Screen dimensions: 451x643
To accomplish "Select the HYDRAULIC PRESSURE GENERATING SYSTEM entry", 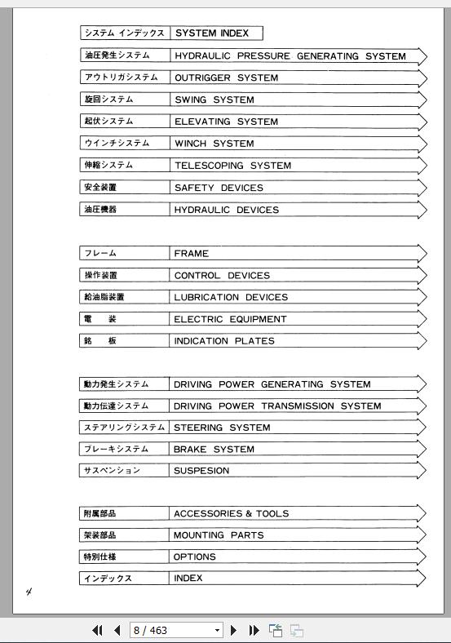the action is coord(290,56).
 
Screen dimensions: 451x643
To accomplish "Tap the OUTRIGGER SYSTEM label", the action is coord(226,78).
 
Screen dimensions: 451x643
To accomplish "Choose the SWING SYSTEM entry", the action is coord(214,100).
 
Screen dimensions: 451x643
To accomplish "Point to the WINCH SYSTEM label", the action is coord(214,144).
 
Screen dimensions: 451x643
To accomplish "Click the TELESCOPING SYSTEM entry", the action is coord(232,166).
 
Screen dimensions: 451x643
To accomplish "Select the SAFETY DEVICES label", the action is coord(219,188).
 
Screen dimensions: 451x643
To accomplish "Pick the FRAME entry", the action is coord(191,254).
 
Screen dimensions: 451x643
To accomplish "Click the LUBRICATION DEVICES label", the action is coord(231,297).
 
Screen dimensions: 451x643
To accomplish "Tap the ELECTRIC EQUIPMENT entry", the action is coord(230,319).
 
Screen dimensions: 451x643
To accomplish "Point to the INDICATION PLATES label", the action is coord(224,341).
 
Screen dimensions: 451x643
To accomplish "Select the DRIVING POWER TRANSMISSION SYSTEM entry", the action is coord(277,406).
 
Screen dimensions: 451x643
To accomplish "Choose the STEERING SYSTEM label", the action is coord(222,428).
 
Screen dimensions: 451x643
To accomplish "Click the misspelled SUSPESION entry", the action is coord(201,471).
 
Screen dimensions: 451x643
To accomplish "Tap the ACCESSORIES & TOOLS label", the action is coord(231,514).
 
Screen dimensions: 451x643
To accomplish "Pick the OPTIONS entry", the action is coord(194,557).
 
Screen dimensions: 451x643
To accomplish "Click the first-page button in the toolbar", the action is coord(98,630).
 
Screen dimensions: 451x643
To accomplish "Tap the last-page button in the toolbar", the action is coord(254,630).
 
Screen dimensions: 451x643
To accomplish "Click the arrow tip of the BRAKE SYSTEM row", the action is coord(422,449).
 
